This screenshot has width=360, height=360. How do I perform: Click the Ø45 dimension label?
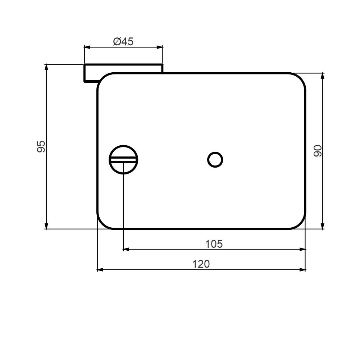click(x=123, y=42)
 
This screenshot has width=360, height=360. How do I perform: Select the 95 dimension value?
click(x=41, y=146)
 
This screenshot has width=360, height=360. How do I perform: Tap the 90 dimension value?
click(x=318, y=151)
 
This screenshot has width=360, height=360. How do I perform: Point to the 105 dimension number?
click(x=214, y=244)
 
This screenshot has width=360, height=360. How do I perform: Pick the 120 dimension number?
click(x=201, y=264)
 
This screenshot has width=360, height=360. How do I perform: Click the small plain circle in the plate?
click(x=215, y=160)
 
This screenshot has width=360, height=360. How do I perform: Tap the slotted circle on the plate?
click(x=123, y=160)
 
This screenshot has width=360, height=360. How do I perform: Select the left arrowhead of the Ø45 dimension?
click(x=87, y=47)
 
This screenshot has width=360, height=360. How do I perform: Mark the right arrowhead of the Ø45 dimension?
click(x=160, y=47)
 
